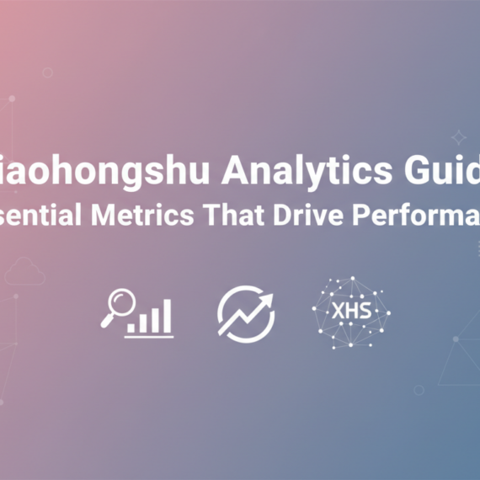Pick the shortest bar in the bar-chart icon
pyautogui.click(x=131, y=326)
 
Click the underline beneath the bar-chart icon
pyautogui.click(x=150, y=336)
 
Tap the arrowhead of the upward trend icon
pyautogui.click(x=268, y=300)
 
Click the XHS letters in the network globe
pyautogui.click(x=350, y=312)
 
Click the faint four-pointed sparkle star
pyautogui.click(x=458, y=137)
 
